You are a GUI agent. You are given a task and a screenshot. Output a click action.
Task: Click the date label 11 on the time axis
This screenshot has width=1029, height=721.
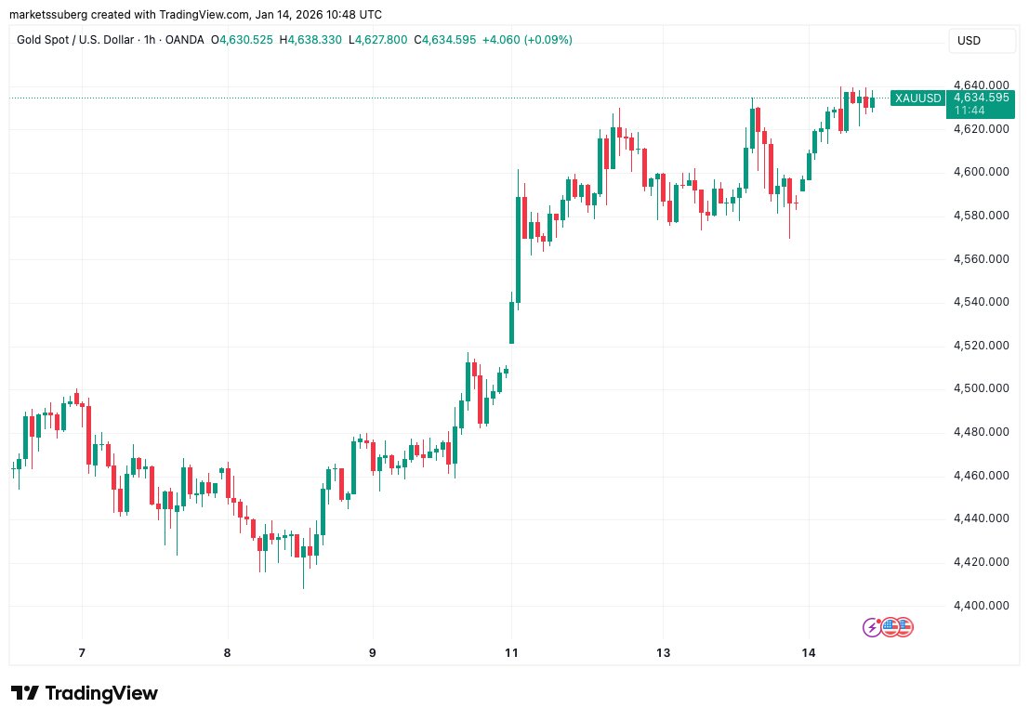[x=511, y=653]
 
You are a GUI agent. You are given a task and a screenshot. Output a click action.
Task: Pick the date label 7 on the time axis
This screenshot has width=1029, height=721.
[x=82, y=653]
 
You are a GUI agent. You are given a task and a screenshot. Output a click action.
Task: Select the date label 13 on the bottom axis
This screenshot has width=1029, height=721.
[x=663, y=653]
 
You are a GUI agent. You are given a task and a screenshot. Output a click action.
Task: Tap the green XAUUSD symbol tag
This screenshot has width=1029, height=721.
[x=917, y=98]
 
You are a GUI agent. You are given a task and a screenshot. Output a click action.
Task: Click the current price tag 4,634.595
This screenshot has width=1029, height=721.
[x=983, y=97]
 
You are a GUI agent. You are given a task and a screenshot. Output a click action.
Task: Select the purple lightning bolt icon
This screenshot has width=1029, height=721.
[x=872, y=627]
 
